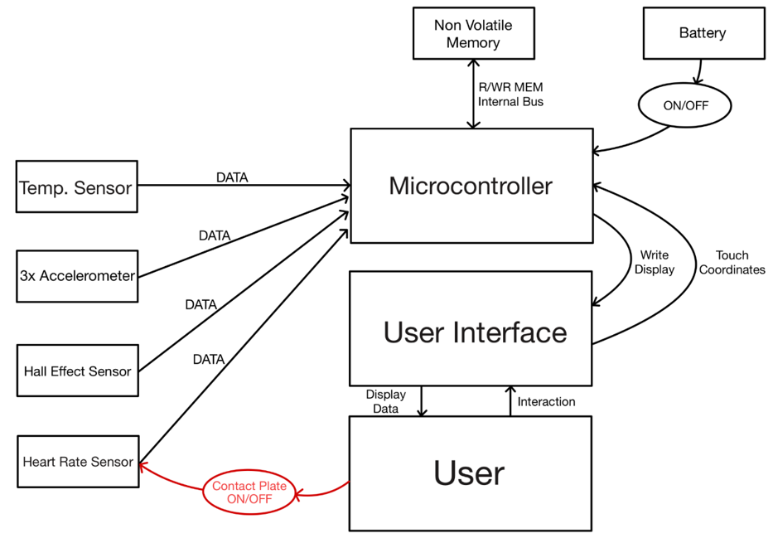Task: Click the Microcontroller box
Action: click(x=471, y=186)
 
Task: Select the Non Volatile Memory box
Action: click(x=473, y=34)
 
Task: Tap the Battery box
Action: click(x=703, y=33)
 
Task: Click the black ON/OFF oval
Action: click(x=685, y=106)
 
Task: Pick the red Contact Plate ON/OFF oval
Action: click(x=249, y=492)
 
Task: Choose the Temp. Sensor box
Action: click(x=76, y=187)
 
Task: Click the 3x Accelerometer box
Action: click(x=77, y=276)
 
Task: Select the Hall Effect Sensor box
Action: click(x=77, y=371)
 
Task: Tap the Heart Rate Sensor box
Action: click(x=77, y=462)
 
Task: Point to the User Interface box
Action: click(x=471, y=331)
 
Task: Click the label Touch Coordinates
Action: click(x=732, y=263)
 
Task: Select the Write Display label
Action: click(x=655, y=263)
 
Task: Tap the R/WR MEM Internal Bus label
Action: click(x=510, y=95)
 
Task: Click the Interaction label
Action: click(x=546, y=402)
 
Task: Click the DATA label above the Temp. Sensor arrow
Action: click(x=232, y=177)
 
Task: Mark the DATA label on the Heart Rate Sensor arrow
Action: click(x=208, y=359)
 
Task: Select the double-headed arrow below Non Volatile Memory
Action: click(x=473, y=95)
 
